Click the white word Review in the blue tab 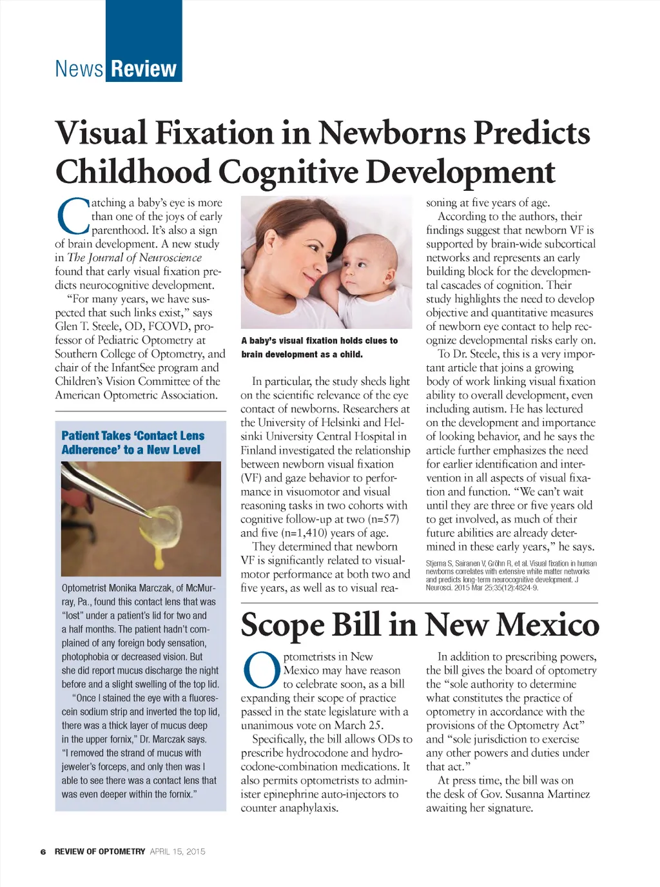pyautogui.click(x=144, y=68)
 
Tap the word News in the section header pyautogui.click(x=79, y=68)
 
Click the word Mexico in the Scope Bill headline pyautogui.click(x=548, y=625)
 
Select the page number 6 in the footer pyautogui.click(x=43, y=852)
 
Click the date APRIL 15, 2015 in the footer pyautogui.click(x=177, y=852)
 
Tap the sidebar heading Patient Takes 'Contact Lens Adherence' pyautogui.click(x=132, y=443)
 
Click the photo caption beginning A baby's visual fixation pyautogui.click(x=319, y=347)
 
